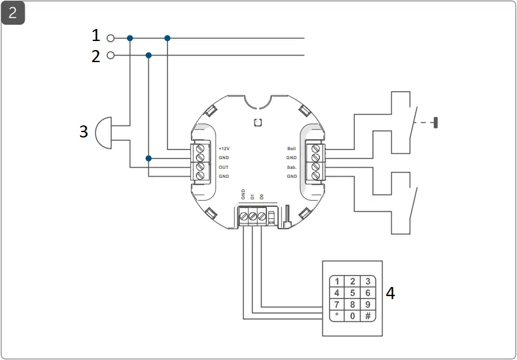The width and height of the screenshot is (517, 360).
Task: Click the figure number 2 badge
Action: (13, 13)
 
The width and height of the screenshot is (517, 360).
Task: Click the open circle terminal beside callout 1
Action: (110, 38)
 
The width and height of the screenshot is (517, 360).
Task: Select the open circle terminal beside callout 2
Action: (110, 55)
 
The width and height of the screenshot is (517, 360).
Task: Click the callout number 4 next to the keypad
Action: (390, 294)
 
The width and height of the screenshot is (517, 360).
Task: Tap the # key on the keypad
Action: (367, 316)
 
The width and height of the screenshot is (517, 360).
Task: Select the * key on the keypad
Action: (337, 316)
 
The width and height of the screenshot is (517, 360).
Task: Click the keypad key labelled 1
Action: (337, 282)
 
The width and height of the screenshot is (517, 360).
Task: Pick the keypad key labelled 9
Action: (367, 305)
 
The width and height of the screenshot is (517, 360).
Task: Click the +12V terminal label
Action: (224, 148)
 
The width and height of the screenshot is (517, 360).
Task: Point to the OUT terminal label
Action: (224, 167)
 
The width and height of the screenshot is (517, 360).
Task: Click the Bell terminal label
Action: (292, 148)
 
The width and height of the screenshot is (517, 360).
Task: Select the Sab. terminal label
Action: (292, 167)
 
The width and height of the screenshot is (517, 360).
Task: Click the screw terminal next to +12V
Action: (199, 149)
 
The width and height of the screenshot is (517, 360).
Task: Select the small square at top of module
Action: (257, 122)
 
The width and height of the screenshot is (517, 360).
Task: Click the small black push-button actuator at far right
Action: (436, 123)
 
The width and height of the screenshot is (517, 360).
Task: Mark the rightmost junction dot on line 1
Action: (168, 38)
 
